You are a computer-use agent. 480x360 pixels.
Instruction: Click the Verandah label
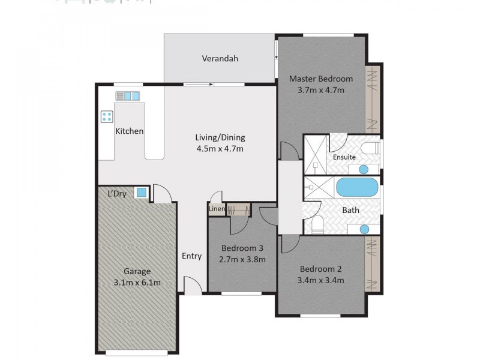[220, 58]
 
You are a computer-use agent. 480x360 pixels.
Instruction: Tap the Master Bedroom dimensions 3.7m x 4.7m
[320, 91]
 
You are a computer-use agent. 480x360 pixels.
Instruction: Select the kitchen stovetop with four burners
[107, 116]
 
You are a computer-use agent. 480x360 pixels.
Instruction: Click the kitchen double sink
[128, 95]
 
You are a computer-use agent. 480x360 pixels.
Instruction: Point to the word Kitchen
[129, 131]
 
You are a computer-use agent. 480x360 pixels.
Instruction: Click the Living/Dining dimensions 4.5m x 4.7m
[219, 148]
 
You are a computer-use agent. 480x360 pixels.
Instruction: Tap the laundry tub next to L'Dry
[141, 193]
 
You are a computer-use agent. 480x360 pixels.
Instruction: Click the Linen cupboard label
[215, 209]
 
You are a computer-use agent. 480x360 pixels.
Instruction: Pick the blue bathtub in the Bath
[357, 188]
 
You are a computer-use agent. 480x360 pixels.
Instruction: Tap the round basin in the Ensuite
[364, 169]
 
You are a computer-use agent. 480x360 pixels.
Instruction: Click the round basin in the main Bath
[364, 229]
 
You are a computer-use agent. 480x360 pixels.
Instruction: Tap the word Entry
[191, 256]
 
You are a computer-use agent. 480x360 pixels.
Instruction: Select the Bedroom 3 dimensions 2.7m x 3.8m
[243, 259]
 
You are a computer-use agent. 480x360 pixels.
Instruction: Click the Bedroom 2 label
[320, 268]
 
